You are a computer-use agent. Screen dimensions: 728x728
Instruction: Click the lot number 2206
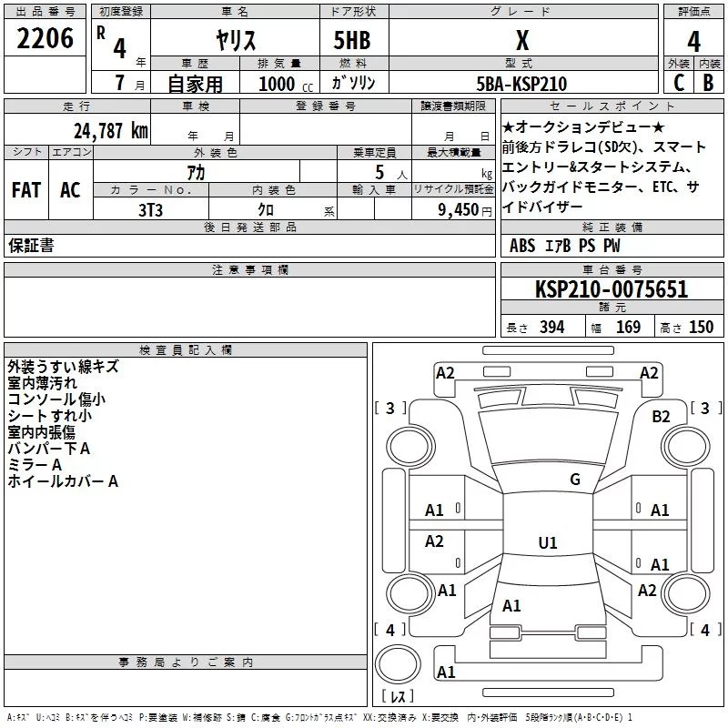(x=45, y=39)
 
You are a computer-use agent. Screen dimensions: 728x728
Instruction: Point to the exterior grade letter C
(x=678, y=83)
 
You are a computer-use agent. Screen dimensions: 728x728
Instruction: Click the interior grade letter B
(x=708, y=83)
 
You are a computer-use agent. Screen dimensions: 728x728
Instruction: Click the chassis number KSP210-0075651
(x=612, y=289)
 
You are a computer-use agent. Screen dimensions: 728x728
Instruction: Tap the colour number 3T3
(x=150, y=209)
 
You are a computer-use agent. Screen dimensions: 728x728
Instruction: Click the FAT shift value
(x=25, y=190)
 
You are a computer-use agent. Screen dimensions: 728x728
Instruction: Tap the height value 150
(x=701, y=327)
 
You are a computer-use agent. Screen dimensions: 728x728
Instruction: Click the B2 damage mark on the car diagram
(x=661, y=416)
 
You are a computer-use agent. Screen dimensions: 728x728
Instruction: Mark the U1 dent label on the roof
(x=547, y=542)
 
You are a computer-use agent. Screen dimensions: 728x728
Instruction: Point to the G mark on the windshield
(x=574, y=480)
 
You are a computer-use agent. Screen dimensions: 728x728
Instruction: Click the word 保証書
(x=31, y=246)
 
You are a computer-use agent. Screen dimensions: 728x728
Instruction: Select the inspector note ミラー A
(x=35, y=464)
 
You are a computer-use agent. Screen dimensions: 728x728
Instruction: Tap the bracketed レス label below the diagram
(x=397, y=696)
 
